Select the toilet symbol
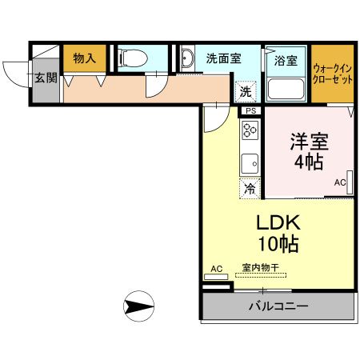point(131,58)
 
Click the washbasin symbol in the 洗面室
point(187,58)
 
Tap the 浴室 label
point(286,60)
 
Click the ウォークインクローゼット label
point(333,75)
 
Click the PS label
point(250,110)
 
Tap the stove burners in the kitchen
point(250,130)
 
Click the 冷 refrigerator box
point(250,189)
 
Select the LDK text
point(274,222)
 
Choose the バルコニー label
point(278,306)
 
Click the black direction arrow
point(139,306)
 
